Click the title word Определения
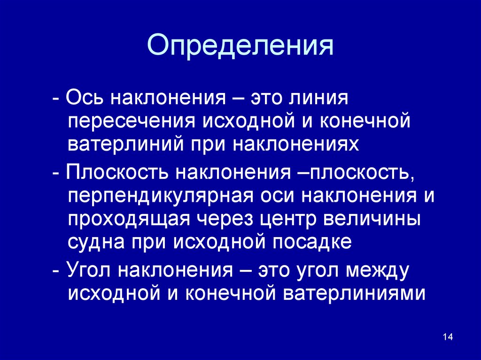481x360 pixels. [x=240, y=46]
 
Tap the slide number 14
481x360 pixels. [x=448, y=337]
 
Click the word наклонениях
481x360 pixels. [x=296, y=144]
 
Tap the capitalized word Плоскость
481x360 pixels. [x=117, y=172]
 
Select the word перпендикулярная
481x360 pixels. [x=161, y=197]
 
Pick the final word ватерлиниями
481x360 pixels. [x=354, y=293]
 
